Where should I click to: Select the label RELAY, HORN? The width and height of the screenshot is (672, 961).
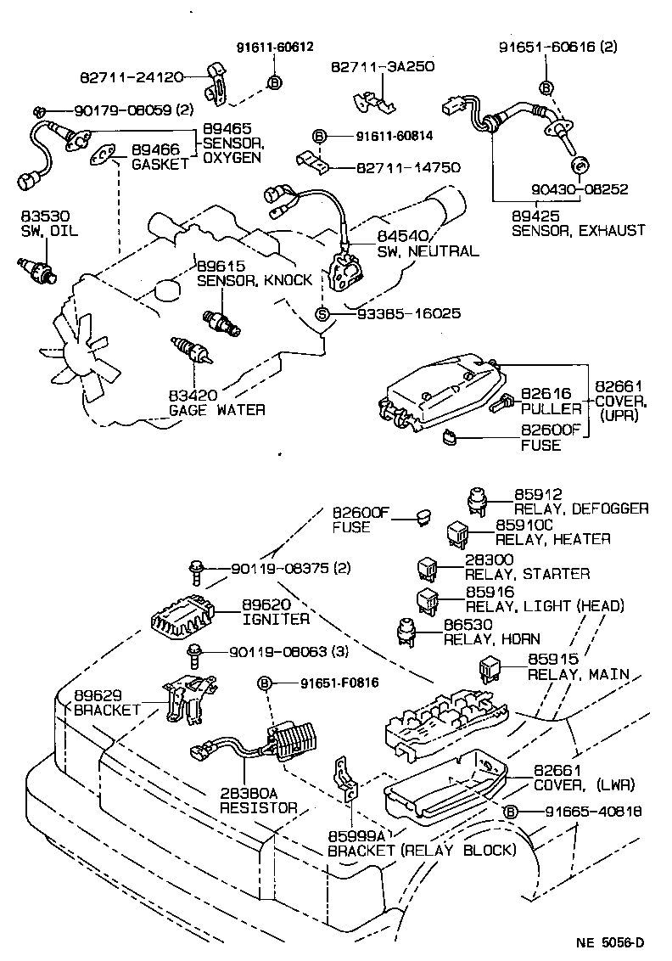tap(491, 638)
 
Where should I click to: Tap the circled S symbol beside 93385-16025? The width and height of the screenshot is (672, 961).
tap(322, 313)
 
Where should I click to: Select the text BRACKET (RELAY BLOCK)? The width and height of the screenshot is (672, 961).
tap(421, 850)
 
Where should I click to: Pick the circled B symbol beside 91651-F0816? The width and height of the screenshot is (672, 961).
tap(265, 683)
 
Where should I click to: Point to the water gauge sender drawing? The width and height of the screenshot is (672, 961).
tap(188, 350)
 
